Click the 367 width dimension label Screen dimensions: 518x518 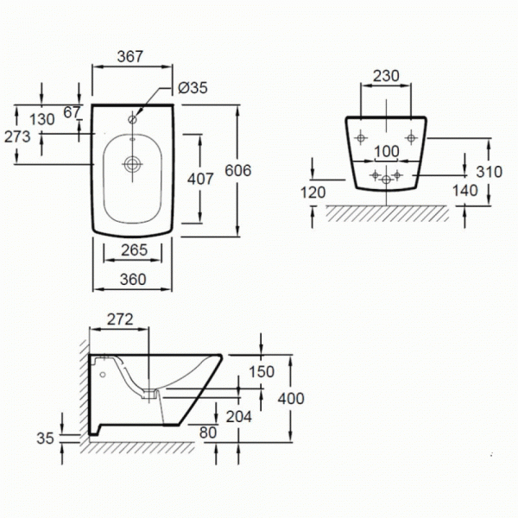click(x=130, y=56)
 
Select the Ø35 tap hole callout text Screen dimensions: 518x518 click(x=193, y=88)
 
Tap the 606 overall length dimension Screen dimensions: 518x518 click(x=238, y=170)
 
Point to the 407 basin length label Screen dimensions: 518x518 click(x=200, y=179)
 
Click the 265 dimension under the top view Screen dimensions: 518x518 click(x=134, y=250)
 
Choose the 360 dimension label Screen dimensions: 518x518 click(x=133, y=280)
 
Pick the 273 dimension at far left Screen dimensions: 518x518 click(x=17, y=136)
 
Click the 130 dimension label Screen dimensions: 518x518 click(x=42, y=119)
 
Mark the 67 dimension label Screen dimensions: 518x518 click(x=72, y=112)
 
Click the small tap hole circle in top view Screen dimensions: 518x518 click(x=132, y=120)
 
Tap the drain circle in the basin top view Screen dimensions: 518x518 click(x=133, y=164)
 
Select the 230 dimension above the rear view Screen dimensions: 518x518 click(x=386, y=76)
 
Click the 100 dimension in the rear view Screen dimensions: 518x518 click(x=387, y=152)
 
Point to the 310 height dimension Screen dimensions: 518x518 click(x=490, y=172)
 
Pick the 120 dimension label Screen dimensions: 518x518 click(x=313, y=193)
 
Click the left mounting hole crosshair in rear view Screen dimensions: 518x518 click(x=361, y=138)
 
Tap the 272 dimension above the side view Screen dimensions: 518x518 click(x=120, y=319)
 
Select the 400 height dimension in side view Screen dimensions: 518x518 click(x=291, y=398)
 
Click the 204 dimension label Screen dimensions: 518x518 click(x=239, y=417)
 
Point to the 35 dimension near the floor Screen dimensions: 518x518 click(x=45, y=439)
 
